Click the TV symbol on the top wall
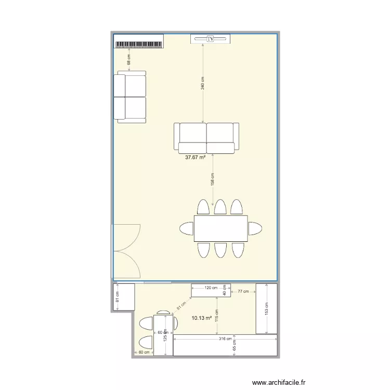click(x=211, y=38)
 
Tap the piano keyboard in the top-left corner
click(x=139, y=44)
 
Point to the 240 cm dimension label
click(x=203, y=83)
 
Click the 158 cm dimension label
click(x=213, y=178)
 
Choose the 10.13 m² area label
click(x=202, y=318)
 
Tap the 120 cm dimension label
click(x=210, y=287)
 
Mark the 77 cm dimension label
click(x=243, y=292)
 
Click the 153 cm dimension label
click(x=266, y=308)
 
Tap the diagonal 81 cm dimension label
click(x=180, y=307)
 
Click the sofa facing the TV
click(x=206, y=138)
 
